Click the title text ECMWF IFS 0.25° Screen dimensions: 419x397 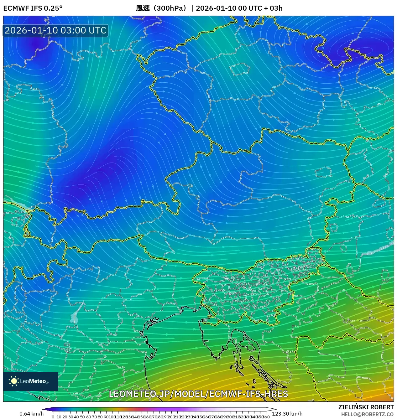pyautogui.click(x=33, y=8)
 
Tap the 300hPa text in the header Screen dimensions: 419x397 pyautogui.click(x=171, y=8)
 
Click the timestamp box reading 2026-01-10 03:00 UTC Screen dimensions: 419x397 pyautogui.click(x=55, y=30)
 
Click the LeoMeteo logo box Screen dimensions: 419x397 pyautogui.click(x=31, y=381)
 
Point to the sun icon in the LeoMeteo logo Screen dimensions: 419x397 pyautogui.click(x=14, y=381)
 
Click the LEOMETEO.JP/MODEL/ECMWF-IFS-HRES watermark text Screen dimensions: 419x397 pyautogui.click(x=198, y=394)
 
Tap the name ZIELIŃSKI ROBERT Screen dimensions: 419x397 pyautogui.click(x=366, y=407)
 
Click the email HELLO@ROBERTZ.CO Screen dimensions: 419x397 pyautogui.click(x=367, y=414)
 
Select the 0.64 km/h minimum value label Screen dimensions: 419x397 pyautogui.click(x=31, y=414)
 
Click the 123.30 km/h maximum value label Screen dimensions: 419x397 pyautogui.click(x=287, y=414)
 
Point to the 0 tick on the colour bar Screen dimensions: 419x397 pyautogui.click(x=53, y=417)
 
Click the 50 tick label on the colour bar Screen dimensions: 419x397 pyautogui.click(x=82, y=417)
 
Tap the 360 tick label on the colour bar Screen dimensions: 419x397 pyautogui.click(x=266, y=417)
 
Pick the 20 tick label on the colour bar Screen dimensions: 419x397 pyautogui.click(x=65, y=417)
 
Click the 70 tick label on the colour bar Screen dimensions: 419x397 pyautogui.click(x=94, y=417)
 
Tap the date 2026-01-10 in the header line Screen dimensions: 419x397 pyautogui.click(x=216, y=8)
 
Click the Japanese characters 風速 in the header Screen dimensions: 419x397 pyautogui.click(x=143, y=8)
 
